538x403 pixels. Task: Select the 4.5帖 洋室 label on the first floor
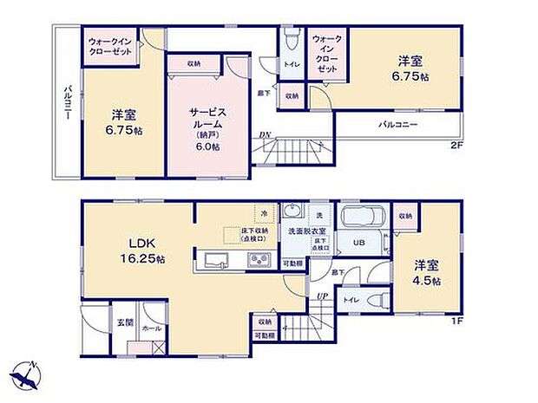426,273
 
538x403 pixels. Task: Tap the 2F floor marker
456,145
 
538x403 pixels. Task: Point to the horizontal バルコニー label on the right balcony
398,125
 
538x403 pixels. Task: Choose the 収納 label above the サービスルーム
193,64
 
